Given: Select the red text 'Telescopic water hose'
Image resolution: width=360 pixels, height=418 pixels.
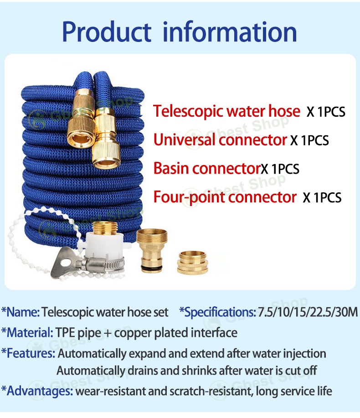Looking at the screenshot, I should pyautogui.click(x=226, y=111).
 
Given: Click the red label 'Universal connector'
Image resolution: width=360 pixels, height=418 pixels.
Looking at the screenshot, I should pyautogui.click(x=221, y=139).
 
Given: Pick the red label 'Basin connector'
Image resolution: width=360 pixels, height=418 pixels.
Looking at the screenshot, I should pyautogui.click(x=206, y=168).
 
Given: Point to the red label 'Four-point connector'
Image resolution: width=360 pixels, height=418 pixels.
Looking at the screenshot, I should pyautogui.click(x=225, y=197).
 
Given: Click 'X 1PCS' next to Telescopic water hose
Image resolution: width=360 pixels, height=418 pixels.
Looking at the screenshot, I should pyautogui.click(x=326, y=112).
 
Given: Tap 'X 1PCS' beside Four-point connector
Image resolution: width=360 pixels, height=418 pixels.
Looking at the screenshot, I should pyautogui.click(x=322, y=198).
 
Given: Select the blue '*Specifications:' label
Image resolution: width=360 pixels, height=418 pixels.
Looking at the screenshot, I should pyautogui.click(x=217, y=312).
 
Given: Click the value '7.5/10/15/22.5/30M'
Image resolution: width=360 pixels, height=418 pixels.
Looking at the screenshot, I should pyautogui.click(x=308, y=312).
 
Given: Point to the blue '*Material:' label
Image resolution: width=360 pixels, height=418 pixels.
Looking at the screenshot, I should pyautogui.click(x=26, y=332).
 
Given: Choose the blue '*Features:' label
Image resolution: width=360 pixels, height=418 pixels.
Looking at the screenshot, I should pyautogui.click(x=28, y=353).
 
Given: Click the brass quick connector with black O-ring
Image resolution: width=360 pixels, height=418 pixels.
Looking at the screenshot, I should pyautogui.click(x=152, y=250).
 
